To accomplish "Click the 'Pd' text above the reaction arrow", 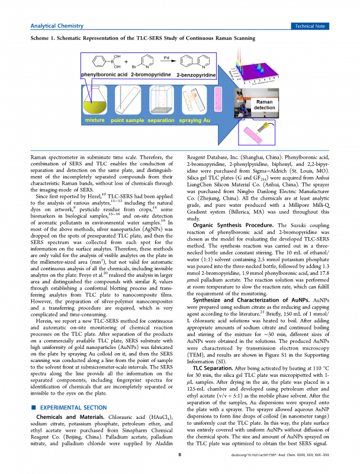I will (x=166, y=59).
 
